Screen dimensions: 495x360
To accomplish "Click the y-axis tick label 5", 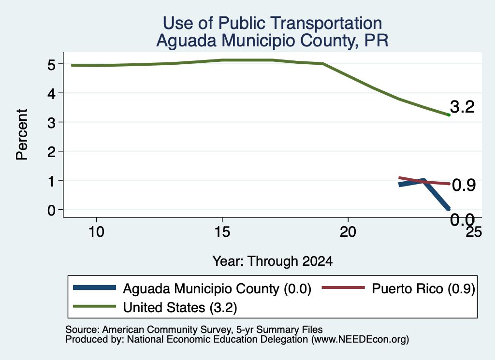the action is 51,64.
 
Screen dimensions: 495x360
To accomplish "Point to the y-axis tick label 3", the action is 51,122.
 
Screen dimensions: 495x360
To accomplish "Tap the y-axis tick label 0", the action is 51,210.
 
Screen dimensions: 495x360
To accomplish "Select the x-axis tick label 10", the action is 96,232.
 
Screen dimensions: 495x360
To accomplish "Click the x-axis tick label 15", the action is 222,232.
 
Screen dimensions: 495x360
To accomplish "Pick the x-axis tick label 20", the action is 348,232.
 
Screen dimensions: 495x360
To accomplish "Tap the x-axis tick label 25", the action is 474,232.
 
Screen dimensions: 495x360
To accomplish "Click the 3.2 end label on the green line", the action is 462,107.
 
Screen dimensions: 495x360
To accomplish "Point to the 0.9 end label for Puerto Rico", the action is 464,185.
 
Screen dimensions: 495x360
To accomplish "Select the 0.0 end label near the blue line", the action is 462,219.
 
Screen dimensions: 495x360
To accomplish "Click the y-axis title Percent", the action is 22,134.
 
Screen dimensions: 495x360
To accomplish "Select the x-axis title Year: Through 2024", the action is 273,261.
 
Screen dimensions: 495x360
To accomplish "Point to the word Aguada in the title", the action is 186,41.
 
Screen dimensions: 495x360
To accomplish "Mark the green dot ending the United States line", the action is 449,115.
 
